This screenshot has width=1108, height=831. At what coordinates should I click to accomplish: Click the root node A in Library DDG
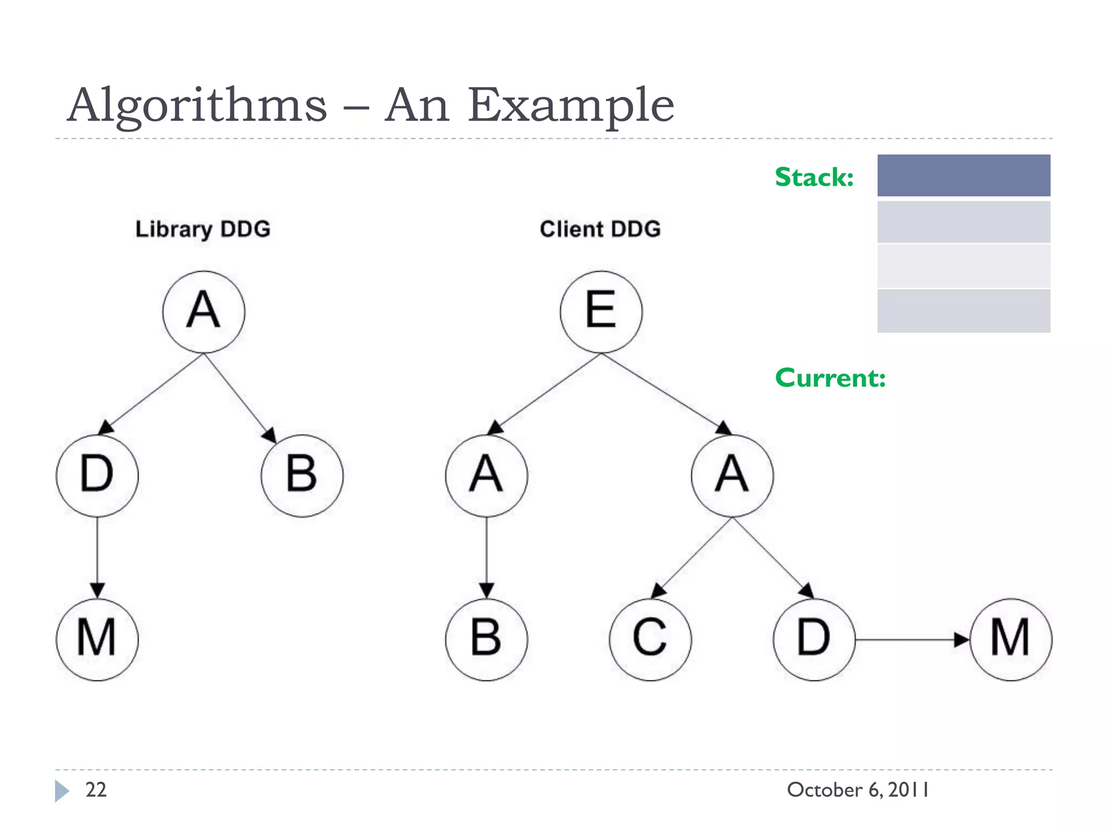click(x=203, y=312)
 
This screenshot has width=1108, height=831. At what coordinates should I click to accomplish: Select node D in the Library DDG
click(x=97, y=475)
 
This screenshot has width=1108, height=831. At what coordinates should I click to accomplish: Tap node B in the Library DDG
click(x=301, y=475)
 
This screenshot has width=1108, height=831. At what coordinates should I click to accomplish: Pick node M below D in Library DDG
click(x=97, y=639)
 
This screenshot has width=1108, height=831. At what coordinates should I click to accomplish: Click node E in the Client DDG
click(x=601, y=312)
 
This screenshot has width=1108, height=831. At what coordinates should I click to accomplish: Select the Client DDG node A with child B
click(x=486, y=475)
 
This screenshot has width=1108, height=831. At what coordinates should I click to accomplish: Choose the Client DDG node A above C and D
click(x=732, y=475)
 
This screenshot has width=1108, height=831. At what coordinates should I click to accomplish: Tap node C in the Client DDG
click(x=650, y=639)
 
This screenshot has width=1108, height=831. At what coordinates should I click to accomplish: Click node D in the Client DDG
click(x=814, y=639)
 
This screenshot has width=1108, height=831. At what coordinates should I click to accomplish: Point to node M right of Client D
click(x=1010, y=639)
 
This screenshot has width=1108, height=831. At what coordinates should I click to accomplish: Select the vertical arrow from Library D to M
click(x=97, y=557)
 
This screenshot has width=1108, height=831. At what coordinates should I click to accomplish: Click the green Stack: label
click(x=814, y=177)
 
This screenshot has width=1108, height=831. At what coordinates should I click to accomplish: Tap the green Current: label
click(x=830, y=378)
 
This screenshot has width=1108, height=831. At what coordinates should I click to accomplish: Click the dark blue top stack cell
click(x=964, y=175)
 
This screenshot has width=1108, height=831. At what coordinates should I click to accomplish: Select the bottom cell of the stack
click(x=964, y=311)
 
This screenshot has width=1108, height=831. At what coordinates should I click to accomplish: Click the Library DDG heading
click(x=203, y=229)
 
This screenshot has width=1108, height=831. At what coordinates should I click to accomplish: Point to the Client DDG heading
click(x=600, y=229)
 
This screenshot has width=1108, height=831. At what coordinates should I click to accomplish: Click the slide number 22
click(x=96, y=790)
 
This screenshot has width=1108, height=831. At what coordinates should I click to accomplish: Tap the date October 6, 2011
click(x=858, y=790)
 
